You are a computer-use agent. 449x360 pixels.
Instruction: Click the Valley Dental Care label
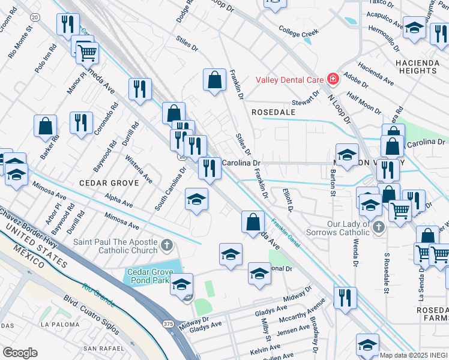(289, 79)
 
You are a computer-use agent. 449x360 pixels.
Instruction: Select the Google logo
(20, 353)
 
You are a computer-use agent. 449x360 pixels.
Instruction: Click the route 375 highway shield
(167, 323)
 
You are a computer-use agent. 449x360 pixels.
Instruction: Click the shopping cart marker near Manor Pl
(88, 53)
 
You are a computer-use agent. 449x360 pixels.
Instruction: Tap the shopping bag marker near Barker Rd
(45, 126)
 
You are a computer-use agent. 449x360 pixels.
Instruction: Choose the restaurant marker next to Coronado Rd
(81, 123)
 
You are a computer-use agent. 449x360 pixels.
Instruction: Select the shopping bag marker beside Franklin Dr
(214, 79)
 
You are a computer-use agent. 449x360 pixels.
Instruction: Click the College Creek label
(298, 31)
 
